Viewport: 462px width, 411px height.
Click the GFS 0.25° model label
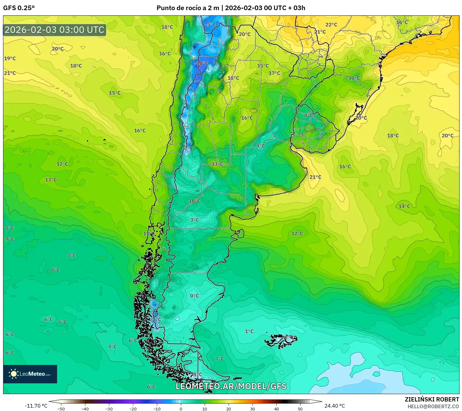(x=19, y=8)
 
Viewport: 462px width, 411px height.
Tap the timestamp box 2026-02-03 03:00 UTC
(x=55, y=30)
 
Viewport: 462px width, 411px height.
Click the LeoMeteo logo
(x=30, y=374)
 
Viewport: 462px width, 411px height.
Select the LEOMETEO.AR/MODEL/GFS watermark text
(x=231, y=386)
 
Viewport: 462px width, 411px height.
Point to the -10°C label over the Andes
(x=202, y=63)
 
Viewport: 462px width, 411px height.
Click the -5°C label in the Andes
(x=211, y=25)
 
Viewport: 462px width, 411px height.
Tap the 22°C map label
(x=331, y=25)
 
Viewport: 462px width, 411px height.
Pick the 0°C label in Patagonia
(x=194, y=296)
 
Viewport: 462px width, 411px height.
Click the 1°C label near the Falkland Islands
(x=249, y=331)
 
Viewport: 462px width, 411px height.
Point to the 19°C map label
(x=10, y=58)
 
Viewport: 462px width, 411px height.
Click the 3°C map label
(x=194, y=220)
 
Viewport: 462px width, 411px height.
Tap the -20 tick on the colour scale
(x=133, y=409)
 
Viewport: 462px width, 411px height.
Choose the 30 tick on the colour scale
(x=252, y=409)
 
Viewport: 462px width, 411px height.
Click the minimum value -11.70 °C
(x=36, y=406)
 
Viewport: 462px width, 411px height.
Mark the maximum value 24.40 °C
(x=335, y=406)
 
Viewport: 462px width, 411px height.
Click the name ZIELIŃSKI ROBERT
(x=432, y=399)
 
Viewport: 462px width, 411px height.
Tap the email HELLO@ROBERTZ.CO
(x=433, y=406)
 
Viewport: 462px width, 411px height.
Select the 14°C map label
(x=404, y=206)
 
